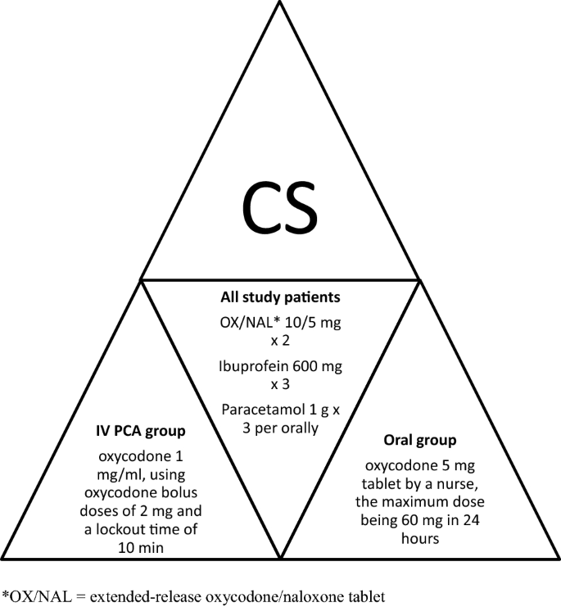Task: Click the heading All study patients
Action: click(280, 300)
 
